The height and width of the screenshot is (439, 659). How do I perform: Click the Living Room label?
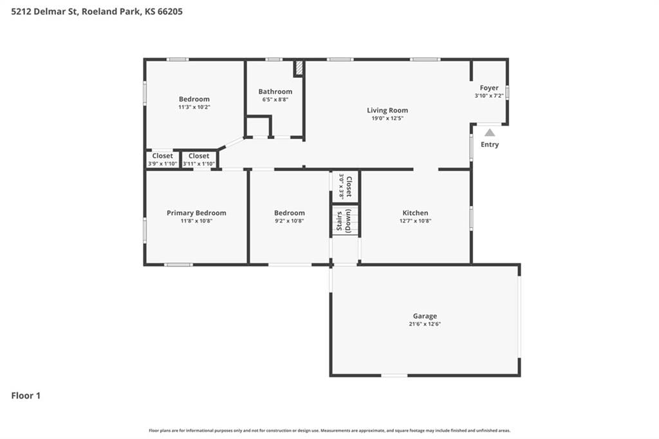pyautogui.click(x=387, y=110)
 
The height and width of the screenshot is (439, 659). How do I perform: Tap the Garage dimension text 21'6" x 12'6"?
pyautogui.click(x=425, y=324)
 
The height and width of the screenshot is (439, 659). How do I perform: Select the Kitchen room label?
pyautogui.click(x=415, y=213)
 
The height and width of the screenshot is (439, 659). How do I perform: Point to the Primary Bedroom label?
pyautogui.click(x=196, y=213)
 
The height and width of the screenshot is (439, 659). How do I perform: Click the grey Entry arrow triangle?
pyautogui.click(x=490, y=133)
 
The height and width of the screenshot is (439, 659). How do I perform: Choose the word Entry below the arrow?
pyautogui.click(x=490, y=144)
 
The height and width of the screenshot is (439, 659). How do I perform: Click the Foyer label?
pyautogui.click(x=489, y=88)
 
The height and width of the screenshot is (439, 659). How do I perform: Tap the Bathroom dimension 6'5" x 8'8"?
pyautogui.click(x=275, y=100)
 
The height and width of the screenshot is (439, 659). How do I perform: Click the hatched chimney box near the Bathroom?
pyautogui.click(x=299, y=68)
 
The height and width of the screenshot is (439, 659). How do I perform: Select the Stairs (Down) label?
pyautogui.click(x=344, y=221)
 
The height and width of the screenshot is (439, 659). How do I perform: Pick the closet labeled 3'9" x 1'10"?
pyautogui.click(x=162, y=160)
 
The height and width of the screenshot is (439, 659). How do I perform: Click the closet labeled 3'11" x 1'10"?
pyautogui.click(x=199, y=160)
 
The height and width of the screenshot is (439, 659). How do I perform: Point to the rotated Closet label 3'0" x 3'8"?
pyautogui.click(x=345, y=186)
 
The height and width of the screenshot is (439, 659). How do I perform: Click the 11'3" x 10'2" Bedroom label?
pyautogui.click(x=194, y=102)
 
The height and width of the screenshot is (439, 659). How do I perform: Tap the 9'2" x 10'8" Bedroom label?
pyautogui.click(x=290, y=216)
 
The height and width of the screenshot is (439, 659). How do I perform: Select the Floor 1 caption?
pyautogui.click(x=26, y=396)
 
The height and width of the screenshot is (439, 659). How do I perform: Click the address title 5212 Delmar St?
pyautogui.click(x=44, y=12)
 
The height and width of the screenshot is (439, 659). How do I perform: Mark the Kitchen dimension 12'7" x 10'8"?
pyautogui.click(x=415, y=221)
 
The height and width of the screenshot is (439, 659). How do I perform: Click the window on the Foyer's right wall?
pyautogui.click(x=507, y=93)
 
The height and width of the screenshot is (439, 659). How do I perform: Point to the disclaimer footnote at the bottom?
pyautogui.click(x=329, y=431)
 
